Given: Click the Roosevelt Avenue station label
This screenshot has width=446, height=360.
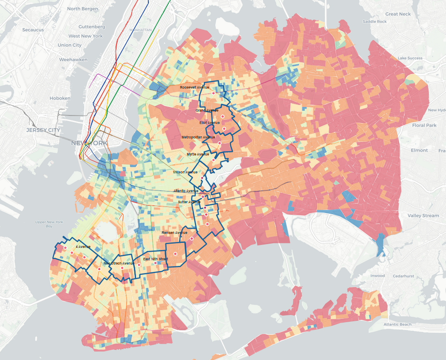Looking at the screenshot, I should (x=194, y=87).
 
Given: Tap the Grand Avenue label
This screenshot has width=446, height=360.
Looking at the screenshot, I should (x=206, y=110).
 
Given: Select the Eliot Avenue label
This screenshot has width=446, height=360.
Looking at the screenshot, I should (x=210, y=123).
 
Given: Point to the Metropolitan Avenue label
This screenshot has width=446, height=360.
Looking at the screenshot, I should (x=198, y=137).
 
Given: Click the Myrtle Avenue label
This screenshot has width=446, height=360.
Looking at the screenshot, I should (x=198, y=154).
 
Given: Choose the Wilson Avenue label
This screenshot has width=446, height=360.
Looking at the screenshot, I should (x=185, y=172).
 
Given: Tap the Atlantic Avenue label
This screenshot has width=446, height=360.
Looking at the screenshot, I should (x=186, y=191).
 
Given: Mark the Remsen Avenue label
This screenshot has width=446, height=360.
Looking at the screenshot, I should (x=174, y=233).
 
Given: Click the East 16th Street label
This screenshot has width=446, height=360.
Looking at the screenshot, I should (x=156, y=259).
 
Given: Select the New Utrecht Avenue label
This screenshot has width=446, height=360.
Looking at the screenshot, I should (x=119, y=263).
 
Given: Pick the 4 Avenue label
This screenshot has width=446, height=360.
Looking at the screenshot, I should (x=83, y=247).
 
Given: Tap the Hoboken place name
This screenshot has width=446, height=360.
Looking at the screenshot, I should (x=60, y=98).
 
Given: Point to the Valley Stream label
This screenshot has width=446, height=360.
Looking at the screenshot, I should (x=423, y=216).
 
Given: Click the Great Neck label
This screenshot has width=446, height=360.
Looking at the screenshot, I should (x=398, y=14).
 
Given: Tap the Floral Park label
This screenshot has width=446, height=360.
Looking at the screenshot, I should (x=424, y=125).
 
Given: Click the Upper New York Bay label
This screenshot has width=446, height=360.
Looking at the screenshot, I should (x=49, y=224).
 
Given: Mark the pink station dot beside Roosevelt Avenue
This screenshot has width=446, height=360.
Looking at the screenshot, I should (x=213, y=87).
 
